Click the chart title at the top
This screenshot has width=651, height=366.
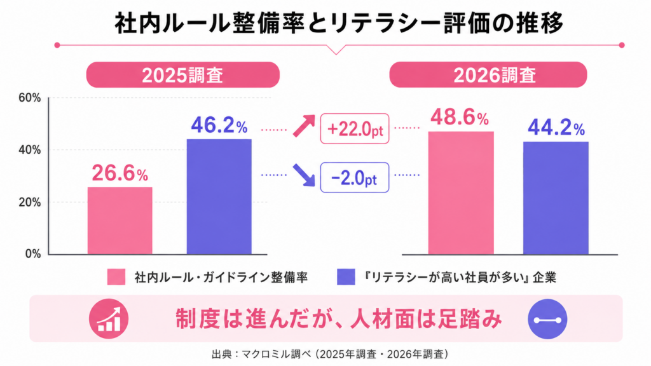(x=338, y=24)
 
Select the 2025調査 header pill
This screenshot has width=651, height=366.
(x=182, y=75)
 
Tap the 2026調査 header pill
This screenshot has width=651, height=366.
(x=488, y=75)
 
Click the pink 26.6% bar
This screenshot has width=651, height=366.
(x=120, y=220)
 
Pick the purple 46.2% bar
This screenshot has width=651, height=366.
(x=219, y=196)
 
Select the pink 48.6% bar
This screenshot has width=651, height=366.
(x=461, y=193)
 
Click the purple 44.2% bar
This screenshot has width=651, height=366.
(x=556, y=198)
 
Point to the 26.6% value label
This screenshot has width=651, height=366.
(x=120, y=173)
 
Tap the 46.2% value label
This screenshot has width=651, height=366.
(x=219, y=125)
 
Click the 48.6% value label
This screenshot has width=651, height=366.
(x=460, y=117)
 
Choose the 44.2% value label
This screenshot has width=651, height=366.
(x=556, y=127)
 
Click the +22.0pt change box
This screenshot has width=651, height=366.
(x=355, y=128)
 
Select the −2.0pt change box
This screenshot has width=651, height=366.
(x=355, y=178)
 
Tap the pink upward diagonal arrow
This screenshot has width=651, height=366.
(x=304, y=126)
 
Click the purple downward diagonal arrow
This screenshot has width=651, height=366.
(x=304, y=175)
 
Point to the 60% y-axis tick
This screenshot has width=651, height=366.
(x=30, y=98)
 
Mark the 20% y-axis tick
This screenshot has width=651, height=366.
(x=30, y=203)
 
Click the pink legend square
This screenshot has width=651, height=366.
(x=116, y=277)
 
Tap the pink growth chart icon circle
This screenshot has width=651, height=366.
(x=109, y=319)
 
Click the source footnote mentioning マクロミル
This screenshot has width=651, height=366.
(x=330, y=354)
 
